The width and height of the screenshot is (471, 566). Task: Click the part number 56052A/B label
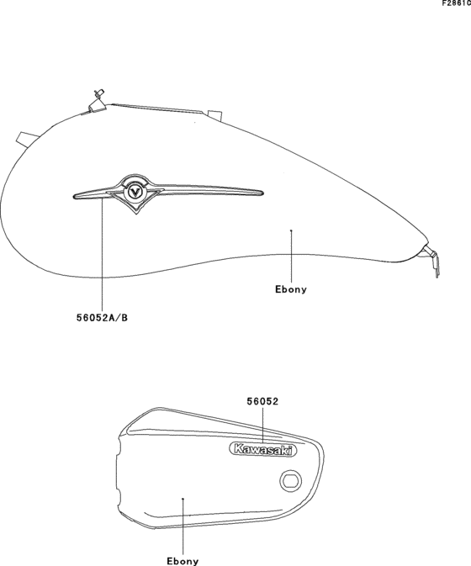point(102,318)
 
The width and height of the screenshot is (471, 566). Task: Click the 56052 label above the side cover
point(262,401)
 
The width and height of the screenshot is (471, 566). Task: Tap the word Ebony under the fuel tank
point(291,289)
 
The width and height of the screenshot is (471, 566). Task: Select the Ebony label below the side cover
point(183,561)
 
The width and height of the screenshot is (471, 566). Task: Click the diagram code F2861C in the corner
point(457,3)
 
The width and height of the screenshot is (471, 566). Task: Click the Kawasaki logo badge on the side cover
point(262,450)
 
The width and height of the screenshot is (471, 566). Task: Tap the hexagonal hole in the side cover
point(291,480)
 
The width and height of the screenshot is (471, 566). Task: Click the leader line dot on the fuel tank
point(291,230)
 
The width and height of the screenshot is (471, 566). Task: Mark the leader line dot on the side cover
point(183,499)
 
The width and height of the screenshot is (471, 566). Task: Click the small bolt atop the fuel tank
point(98,93)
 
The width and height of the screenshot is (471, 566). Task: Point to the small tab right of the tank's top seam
point(214,114)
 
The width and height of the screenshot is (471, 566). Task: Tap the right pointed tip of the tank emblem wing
point(263,193)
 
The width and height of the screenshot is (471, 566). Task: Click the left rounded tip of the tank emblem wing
point(74,196)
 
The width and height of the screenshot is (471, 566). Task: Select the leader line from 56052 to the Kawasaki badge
point(262,426)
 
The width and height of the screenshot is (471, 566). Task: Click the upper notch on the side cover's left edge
point(119,447)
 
